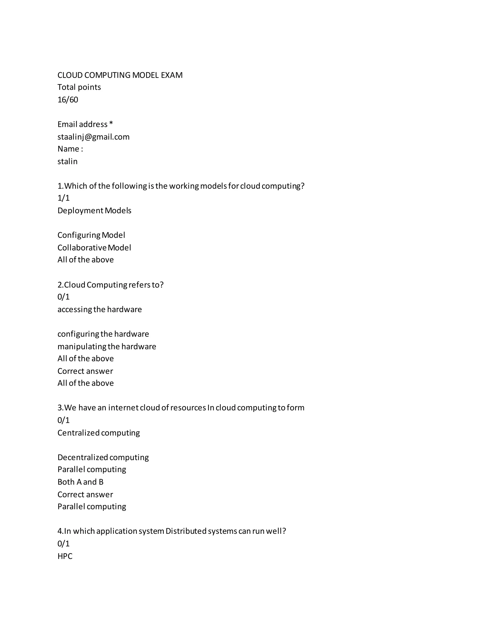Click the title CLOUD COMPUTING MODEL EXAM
point(120,75)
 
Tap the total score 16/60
point(68,100)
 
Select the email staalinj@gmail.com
point(93,137)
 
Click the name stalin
point(67,161)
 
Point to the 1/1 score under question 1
point(63,198)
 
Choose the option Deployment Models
point(94,211)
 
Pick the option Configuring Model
point(91,235)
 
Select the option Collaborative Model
point(94,248)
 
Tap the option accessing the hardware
point(99,310)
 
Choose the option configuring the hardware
point(103,334)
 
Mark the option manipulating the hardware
point(107,347)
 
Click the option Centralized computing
point(99,433)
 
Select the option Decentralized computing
point(103,457)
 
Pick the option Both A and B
point(80,482)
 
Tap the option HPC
point(65,556)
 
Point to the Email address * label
point(85,124)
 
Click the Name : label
point(70,149)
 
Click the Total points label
point(79,87)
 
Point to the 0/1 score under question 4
point(63,544)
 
